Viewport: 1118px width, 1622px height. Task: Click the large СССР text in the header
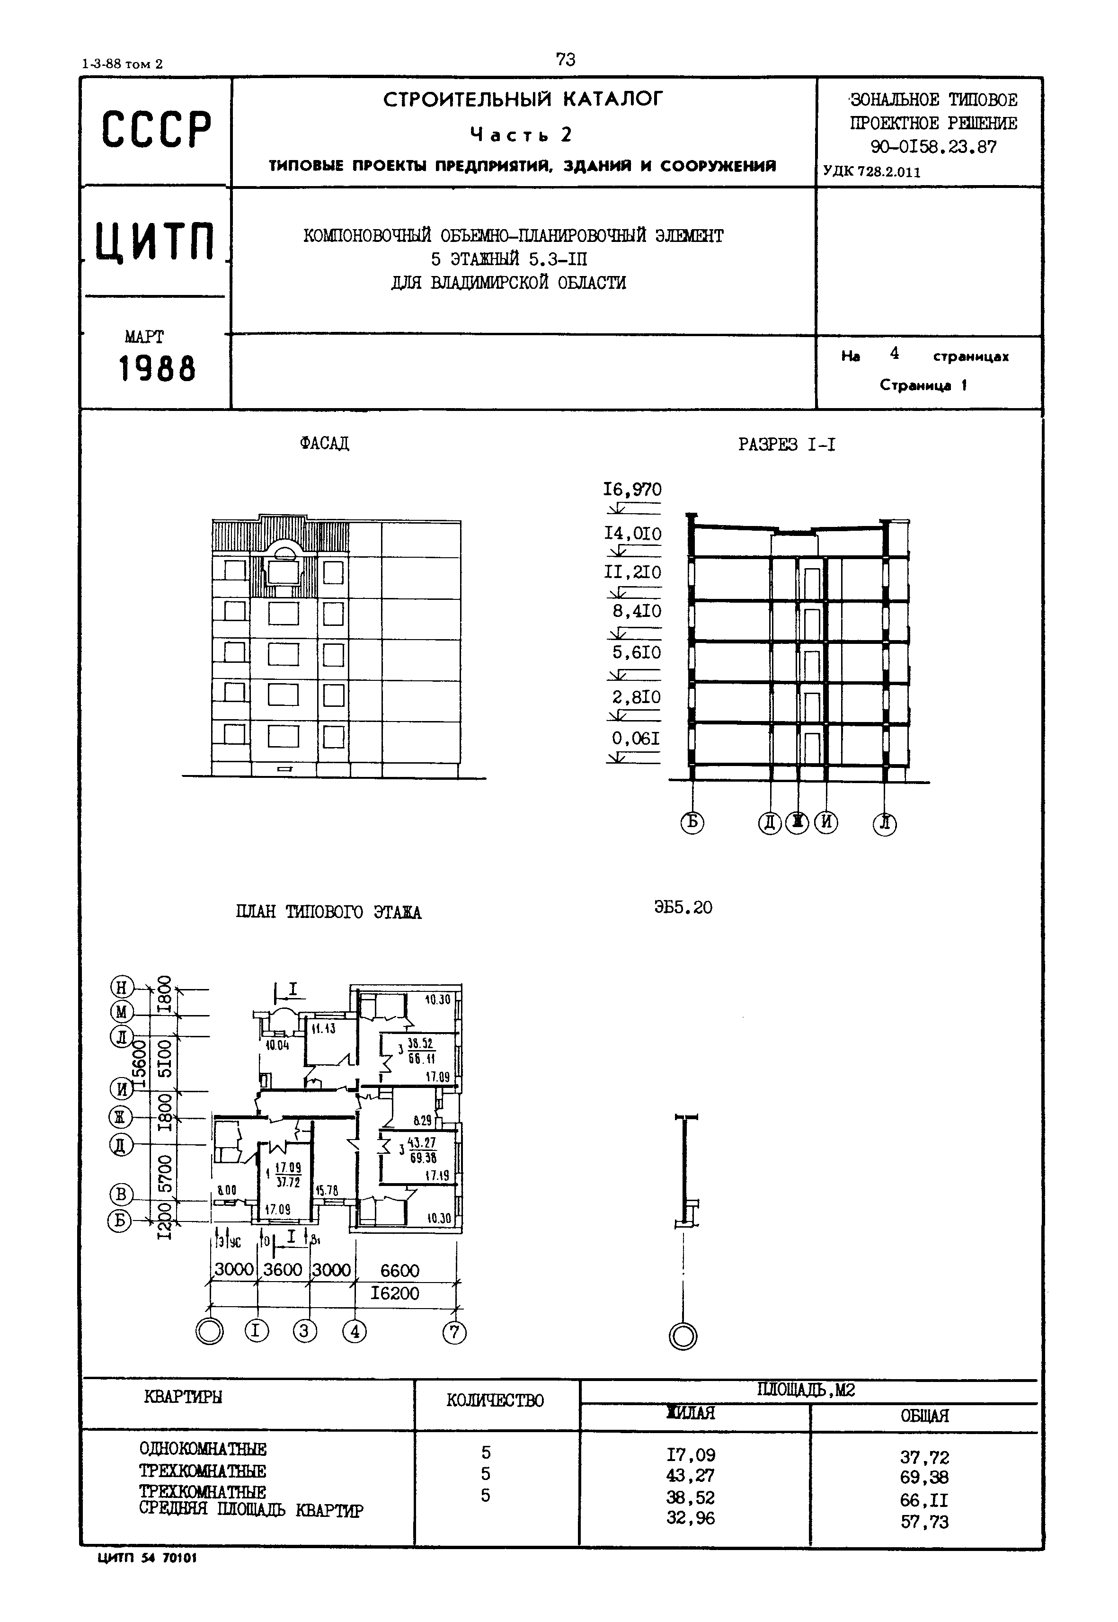coord(156,130)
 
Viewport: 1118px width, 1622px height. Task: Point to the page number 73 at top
coord(565,60)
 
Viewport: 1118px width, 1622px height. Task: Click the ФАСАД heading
coord(324,444)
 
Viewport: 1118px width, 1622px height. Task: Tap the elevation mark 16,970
coord(632,490)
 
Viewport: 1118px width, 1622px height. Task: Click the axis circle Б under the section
coord(692,822)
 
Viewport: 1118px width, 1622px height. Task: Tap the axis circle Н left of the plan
coord(122,989)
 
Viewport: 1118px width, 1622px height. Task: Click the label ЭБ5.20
coord(683,908)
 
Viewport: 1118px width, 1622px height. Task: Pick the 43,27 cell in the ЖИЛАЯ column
coord(691,1476)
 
